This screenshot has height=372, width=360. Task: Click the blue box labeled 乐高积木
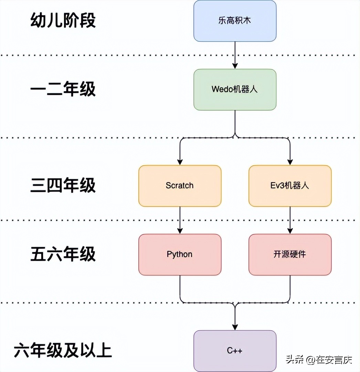[x=235, y=21]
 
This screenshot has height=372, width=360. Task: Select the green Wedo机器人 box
[x=235, y=89]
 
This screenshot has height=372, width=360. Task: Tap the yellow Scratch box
[x=180, y=186]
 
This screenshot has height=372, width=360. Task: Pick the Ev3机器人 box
[x=290, y=186]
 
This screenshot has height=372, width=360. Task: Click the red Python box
[x=180, y=254]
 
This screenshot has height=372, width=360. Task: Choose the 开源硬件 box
[x=290, y=254]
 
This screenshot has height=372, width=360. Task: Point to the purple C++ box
[x=235, y=351]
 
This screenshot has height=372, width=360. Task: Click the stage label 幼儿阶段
[x=63, y=20]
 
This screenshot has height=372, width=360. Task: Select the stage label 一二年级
[x=63, y=90]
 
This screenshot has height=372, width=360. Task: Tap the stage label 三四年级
[x=63, y=186]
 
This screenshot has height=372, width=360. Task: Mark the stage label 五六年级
[x=63, y=255]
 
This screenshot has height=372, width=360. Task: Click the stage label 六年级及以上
[x=63, y=351]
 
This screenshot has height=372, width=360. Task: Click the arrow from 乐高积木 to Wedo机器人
[x=235, y=55]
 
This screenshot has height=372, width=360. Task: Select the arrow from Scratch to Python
[x=180, y=220]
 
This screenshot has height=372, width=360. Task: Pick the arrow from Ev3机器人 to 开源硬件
[x=290, y=220]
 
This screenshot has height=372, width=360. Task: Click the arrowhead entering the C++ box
[x=235, y=327]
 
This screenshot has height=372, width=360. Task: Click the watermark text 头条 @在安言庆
[x=319, y=360]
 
